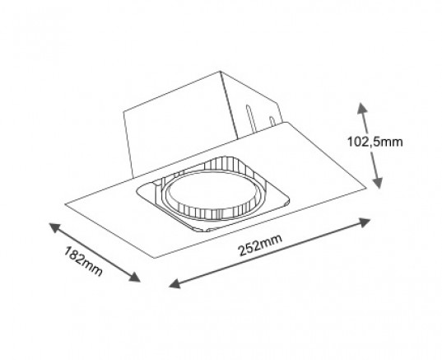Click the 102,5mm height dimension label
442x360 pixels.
[375, 142]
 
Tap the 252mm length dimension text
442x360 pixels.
[260, 245]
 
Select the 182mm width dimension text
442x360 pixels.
[82, 261]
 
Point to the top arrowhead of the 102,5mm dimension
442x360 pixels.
[362, 109]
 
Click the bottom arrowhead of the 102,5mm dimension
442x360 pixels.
[378, 183]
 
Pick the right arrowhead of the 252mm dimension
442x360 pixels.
[364, 222]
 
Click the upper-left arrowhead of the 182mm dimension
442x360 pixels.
[55, 227]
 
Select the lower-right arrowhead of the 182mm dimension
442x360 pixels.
[134, 277]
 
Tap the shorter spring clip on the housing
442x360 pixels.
[272, 122]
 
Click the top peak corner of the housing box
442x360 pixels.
[220, 71]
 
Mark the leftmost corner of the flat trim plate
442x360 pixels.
[65, 203]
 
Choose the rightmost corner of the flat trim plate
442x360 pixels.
[366, 187]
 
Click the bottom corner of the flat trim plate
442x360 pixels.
[155, 257]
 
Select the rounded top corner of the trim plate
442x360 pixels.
[287, 123]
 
